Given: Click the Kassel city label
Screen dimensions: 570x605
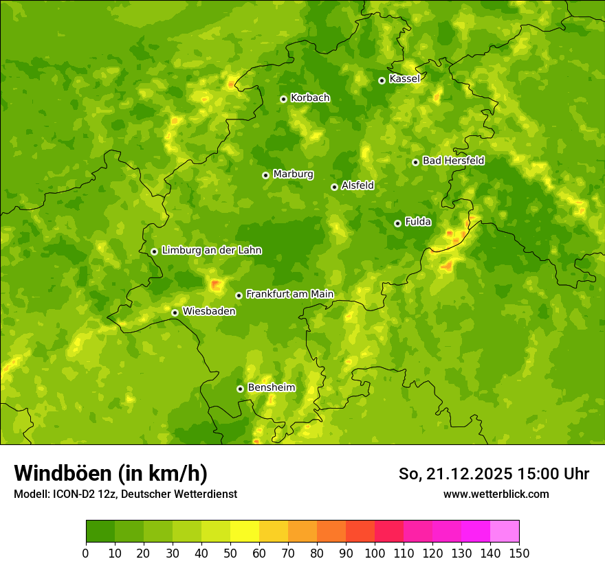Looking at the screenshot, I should click(404, 79).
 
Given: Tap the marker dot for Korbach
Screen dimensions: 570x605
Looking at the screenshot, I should click(283, 99).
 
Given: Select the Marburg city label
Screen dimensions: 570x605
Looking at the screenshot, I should click(293, 174).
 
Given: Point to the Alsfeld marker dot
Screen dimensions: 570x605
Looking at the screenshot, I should click(334, 187).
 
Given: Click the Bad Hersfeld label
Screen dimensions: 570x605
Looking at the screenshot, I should click(453, 161).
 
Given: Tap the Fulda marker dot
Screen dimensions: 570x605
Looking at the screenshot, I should click(397, 223).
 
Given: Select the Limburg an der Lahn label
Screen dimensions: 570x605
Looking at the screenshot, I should click(211, 251).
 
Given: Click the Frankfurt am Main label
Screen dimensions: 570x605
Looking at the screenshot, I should click(289, 295).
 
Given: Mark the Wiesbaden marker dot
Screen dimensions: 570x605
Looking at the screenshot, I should click(175, 312).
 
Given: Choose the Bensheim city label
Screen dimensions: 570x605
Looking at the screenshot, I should click(271, 388).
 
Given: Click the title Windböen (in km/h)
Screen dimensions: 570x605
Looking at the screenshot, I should click(111, 473).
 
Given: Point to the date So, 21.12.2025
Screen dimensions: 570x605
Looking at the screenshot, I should click(455, 474).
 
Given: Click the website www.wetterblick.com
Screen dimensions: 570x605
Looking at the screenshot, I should click(496, 494).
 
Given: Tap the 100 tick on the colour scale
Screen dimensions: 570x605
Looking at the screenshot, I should click(375, 554).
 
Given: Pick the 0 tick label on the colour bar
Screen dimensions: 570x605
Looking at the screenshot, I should click(86, 554).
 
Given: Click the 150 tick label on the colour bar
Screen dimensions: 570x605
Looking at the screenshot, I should click(519, 554).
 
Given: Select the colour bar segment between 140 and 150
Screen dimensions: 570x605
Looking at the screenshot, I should click(505, 531).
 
